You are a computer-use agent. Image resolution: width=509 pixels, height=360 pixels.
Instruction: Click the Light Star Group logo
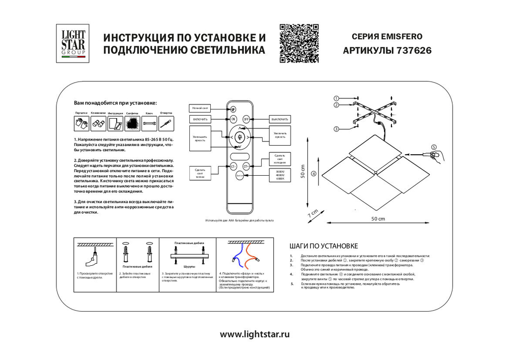point(73,43)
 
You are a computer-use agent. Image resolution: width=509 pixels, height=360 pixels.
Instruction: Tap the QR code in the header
point(299,43)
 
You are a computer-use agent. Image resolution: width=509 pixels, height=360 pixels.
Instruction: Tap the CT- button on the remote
point(233,166)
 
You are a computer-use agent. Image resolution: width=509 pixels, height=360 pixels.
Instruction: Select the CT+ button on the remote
point(246,166)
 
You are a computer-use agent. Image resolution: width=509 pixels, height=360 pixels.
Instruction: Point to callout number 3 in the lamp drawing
point(336,129)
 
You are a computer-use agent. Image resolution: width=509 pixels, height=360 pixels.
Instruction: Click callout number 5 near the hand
point(434,147)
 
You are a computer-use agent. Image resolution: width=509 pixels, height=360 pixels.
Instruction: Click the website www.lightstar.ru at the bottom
point(254,335)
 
